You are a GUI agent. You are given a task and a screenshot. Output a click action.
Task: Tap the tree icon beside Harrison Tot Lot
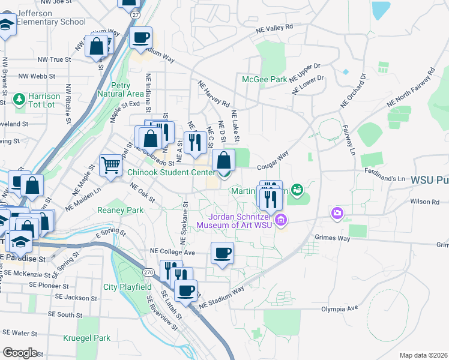[x=19, y=97]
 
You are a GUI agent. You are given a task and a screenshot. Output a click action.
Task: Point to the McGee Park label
[x=265, y=79]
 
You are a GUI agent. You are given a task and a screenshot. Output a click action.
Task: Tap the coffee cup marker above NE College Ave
[x=222, y=253]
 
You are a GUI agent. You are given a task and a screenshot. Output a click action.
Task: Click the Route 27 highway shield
[x=136, y=13]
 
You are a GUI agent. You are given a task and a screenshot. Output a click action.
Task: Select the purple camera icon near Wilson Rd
[x=337, y=213]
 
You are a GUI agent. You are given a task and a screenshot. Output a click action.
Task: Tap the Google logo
[x=19, y=352]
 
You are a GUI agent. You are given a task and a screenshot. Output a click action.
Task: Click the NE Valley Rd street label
[x=274, y=28]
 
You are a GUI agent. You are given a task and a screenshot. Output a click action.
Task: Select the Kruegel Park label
[x=87, y=338]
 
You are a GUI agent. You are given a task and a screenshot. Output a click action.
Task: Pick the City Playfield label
[x=127, y=287]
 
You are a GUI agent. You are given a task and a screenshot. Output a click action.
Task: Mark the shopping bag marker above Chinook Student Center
[x=223, y=160]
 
